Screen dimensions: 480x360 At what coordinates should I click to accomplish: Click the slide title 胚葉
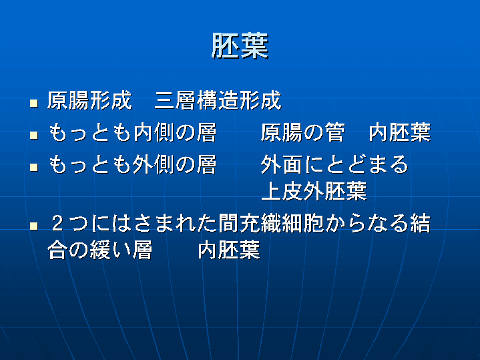click(x=240, y=46)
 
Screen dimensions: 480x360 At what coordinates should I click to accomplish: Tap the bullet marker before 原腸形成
click(x=34, y=103)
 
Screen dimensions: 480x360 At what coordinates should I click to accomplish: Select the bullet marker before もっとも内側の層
click(x=34, y=135)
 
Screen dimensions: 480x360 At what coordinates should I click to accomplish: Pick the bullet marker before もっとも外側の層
click(x=34, y=167)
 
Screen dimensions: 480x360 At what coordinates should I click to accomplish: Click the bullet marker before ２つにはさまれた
click(x=34, y=226)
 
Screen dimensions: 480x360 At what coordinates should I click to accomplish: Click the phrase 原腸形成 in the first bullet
click(x=89, y=100)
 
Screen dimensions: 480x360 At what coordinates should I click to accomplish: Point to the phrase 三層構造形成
click(x=218, y=100)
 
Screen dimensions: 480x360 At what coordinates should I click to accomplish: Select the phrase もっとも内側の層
click(x=133, y=133)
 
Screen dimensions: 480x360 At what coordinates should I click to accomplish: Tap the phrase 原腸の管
click(x=303, y=133)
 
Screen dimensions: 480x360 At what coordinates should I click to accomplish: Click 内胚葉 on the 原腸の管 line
click(x=400, y=133)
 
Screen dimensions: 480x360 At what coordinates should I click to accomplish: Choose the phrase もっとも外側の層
click(x=133, y=164)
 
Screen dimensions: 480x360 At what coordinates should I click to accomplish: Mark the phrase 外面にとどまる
click(x=334, y=164)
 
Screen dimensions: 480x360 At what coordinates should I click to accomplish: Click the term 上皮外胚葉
click(x=314, y=191)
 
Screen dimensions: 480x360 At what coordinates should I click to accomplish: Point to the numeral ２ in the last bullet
click(x=57, y=223)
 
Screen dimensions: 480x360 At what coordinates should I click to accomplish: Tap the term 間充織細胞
click(x=271, y=223)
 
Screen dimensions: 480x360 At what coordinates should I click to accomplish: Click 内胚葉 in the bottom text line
click(x=229, y=250)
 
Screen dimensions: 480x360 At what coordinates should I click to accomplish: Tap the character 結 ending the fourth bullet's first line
click(x=421, y=223)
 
